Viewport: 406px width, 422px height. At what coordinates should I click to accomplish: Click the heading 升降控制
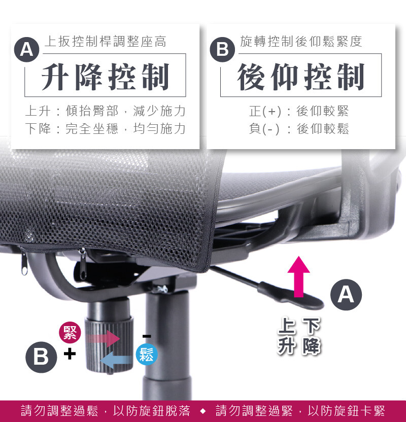(x=105, y=77)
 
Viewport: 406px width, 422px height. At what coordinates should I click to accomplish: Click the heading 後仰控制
(x=301, y=77)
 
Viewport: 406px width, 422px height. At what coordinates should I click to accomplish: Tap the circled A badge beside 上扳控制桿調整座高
(x=27, y=50)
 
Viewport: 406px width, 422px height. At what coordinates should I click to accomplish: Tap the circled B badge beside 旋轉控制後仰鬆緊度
(x=222, y=50)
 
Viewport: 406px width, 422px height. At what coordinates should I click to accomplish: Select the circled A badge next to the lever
(x=346, y=295)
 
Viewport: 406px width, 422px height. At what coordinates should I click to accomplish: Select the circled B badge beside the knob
(x=41, y=357)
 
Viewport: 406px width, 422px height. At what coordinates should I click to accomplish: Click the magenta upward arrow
(x=298, y=276)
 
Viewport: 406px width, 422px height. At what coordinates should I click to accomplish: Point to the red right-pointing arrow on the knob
(x=103, y=338)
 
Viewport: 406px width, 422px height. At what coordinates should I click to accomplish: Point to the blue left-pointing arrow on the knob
(x=117, y=360)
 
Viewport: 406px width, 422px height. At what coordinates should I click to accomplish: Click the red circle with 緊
(x=70, y=332)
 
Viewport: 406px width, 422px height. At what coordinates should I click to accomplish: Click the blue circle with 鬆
(x=147, y=354)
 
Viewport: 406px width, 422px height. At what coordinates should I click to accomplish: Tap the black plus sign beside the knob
(x=70, y=354)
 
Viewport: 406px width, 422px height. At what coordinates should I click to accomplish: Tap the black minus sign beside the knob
(x=147, y=336)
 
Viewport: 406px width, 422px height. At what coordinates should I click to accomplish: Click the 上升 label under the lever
(x=286, y=335)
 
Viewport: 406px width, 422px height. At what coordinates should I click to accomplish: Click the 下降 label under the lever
(x=312, y=335)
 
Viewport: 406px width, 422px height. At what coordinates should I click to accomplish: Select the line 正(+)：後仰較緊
(x=299, y=111)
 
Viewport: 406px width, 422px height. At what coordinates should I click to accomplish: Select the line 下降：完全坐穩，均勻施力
(x=105, y=128)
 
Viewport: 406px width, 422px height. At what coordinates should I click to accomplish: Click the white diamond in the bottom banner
(x=203, y=411)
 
